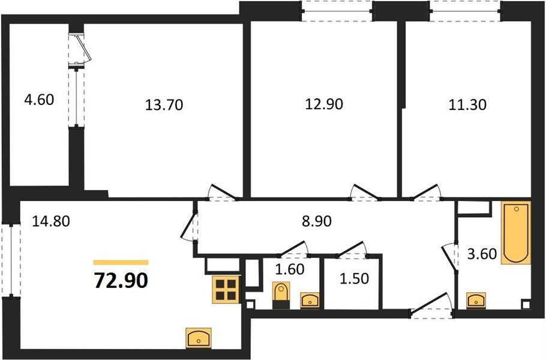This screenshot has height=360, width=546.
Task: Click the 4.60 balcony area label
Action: point(39,98)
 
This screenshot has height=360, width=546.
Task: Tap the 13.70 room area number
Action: point(163,106)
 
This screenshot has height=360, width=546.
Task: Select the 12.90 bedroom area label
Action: point(324,104)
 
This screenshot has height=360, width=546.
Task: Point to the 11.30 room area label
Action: point(467,104)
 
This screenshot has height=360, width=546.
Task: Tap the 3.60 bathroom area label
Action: point(482,254)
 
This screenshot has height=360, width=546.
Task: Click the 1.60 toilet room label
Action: point(290,269)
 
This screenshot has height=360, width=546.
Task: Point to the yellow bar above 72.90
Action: point(121,262)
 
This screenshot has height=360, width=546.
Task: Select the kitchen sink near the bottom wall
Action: point(198,338)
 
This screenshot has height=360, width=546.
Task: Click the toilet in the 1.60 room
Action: point(280,295)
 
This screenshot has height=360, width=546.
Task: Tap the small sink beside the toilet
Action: point(309,299)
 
